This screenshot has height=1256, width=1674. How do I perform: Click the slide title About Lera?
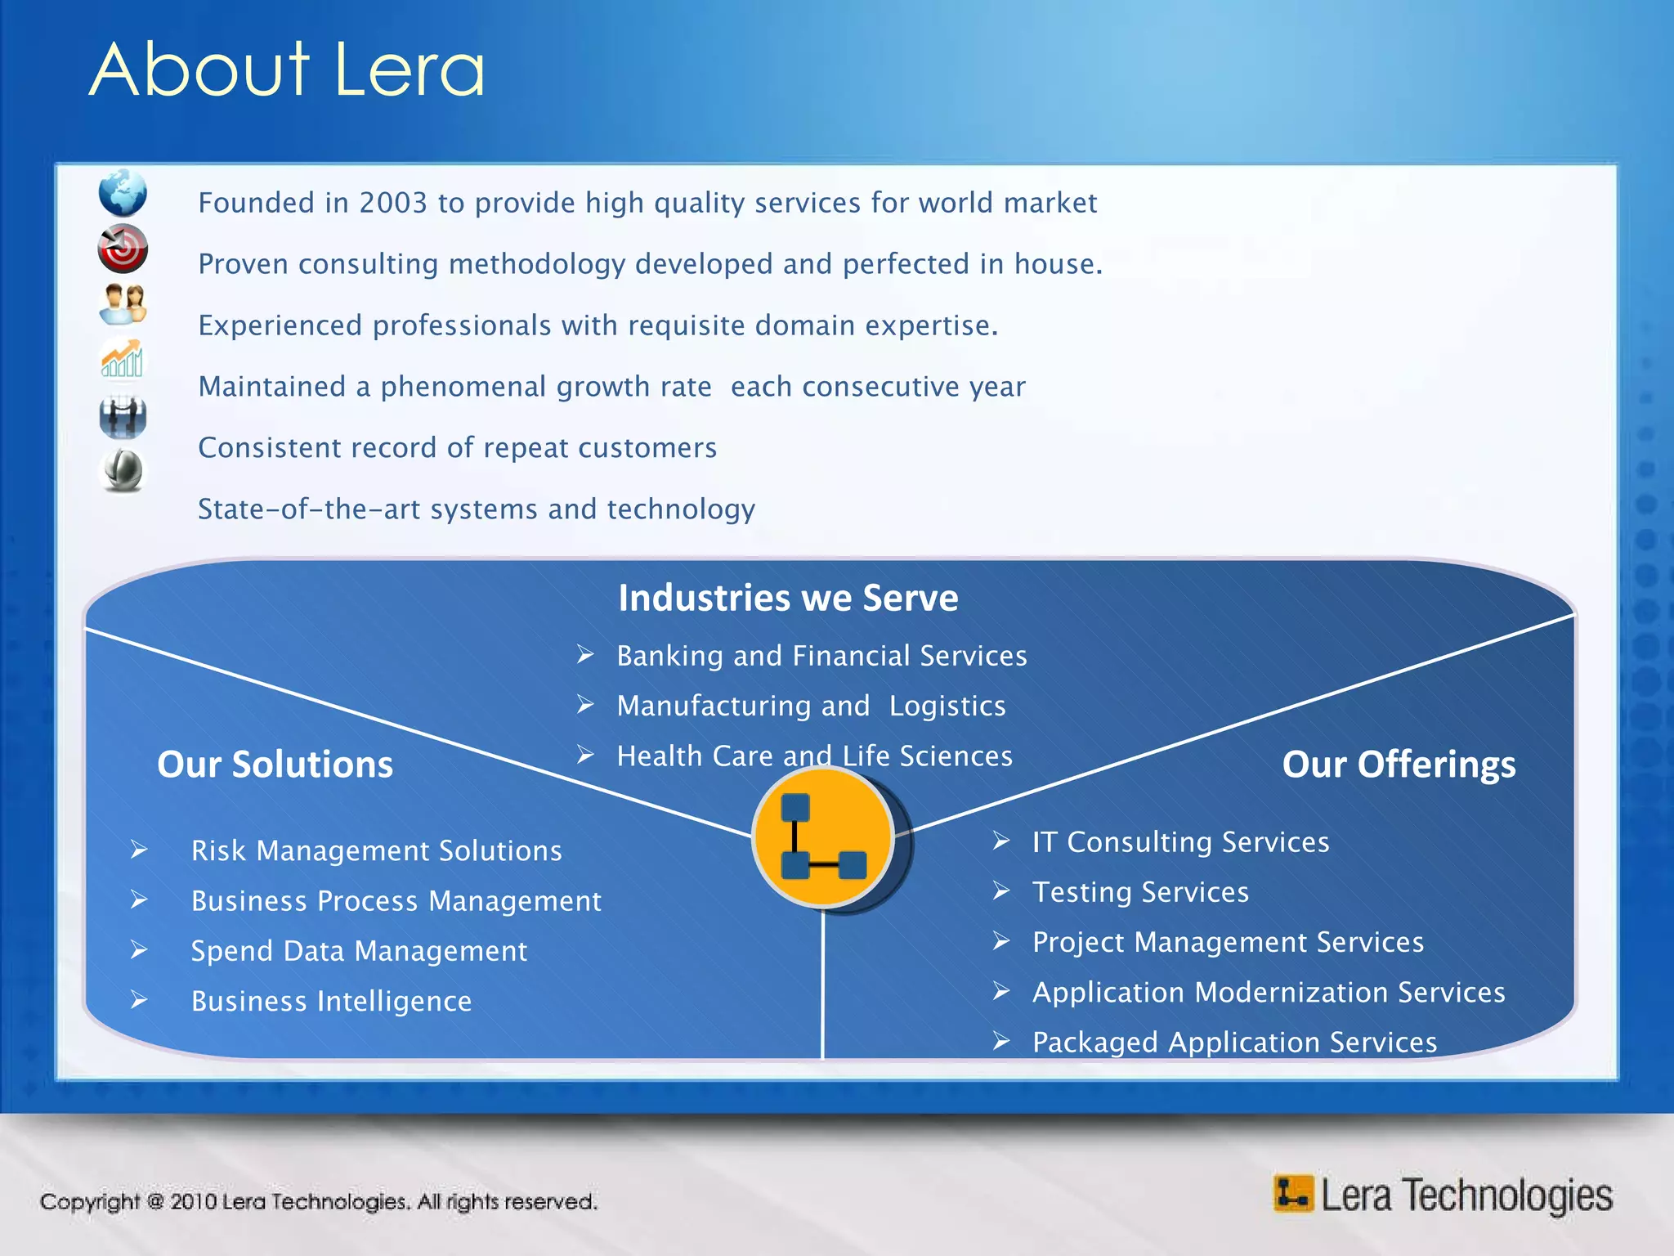click(x=287, y=70)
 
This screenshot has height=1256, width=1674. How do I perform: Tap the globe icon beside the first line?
click(x=123, y=193)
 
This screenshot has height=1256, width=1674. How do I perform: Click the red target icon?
click(x=123, y=249)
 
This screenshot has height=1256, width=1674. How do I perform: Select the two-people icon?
click(x=123, y=304)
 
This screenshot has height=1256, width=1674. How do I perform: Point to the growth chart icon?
click(x=123, y=360)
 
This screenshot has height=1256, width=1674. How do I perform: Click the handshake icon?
click(x=123, y=416)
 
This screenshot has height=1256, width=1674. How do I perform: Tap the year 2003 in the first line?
click(x=392, y=203)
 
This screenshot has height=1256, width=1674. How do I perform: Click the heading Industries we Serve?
click(x=788, y=598)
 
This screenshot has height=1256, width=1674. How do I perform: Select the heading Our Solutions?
click(x=275, y=765)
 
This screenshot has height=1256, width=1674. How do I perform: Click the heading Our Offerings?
click(x=1399, y=765)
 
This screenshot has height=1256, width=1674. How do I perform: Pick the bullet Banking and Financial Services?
click(x=821, y=656)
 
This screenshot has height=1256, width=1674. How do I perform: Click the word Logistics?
click(x=947, y=706)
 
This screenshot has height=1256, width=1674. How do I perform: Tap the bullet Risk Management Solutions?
click(x=376, y=851)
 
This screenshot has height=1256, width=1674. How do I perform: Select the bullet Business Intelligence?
click(x=331, y=1002)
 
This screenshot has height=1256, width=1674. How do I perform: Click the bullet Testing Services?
click(x=1140, y=892)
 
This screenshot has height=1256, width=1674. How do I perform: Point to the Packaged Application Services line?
click(x=1234, y=1043)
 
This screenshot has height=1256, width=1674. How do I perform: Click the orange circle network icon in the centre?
click(x=822, y=837)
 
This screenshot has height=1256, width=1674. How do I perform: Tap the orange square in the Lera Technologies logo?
click(x=1292, y=1194)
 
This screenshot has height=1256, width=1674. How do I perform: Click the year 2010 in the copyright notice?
click(x=193, y=1202)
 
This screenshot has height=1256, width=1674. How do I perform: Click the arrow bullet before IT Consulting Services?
click(x=1001, y=841)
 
